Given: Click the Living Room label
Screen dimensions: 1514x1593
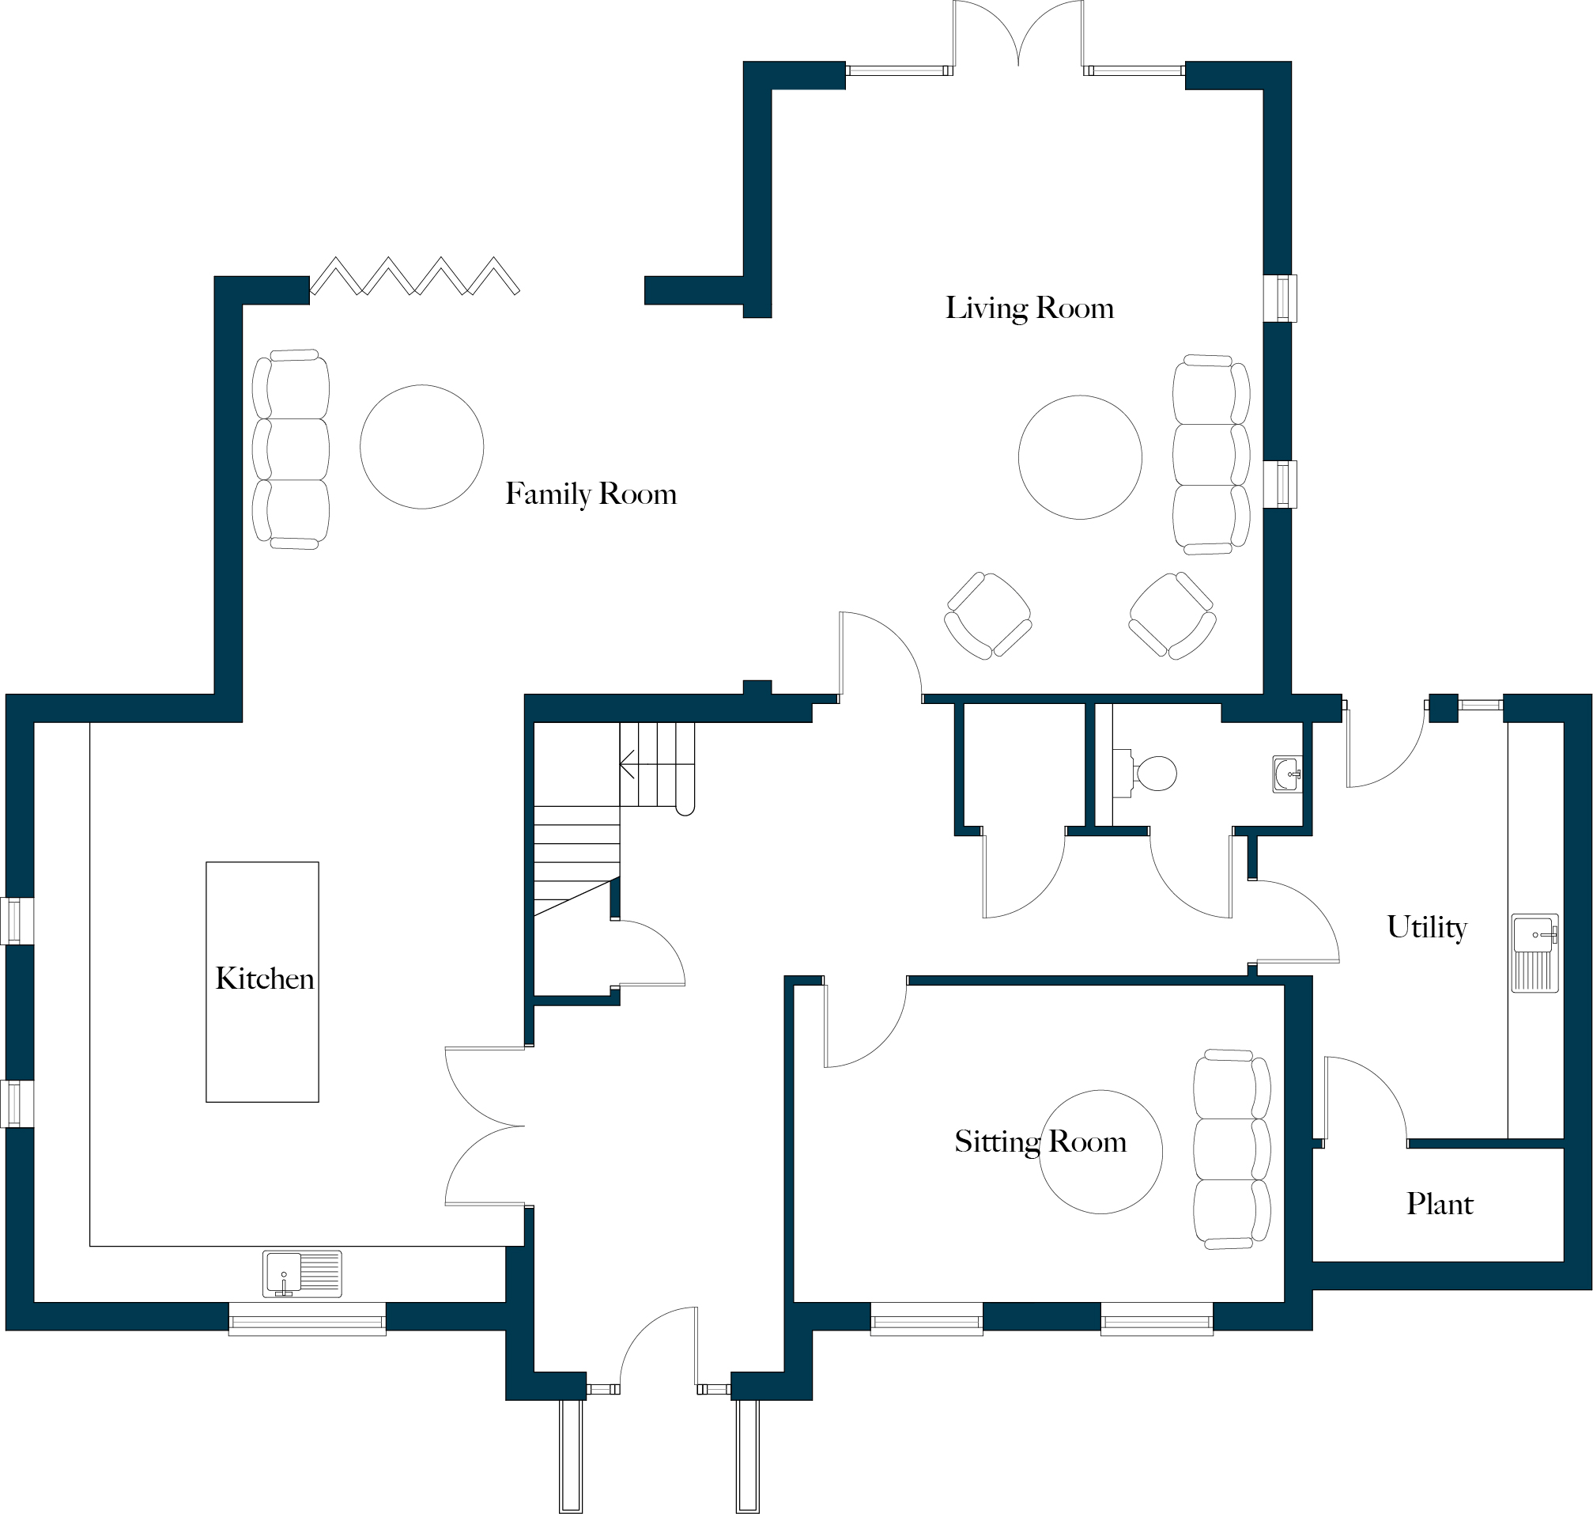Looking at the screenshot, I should (x=1029, y=309).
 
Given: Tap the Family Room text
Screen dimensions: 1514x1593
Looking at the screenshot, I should (x=591, y=494).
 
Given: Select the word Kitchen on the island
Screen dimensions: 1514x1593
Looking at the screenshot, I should (x=265, y=979).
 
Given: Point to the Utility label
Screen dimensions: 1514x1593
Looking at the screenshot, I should (x=1426, y=927).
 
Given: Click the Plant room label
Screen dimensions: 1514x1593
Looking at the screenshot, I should (x=1439, y=1204).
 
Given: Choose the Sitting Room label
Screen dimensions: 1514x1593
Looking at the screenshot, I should (x=1040, y=1142).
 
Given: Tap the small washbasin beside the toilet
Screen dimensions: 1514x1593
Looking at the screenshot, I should (x=1286, y=774).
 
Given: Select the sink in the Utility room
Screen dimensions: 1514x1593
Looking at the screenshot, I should (x=1534, y=952).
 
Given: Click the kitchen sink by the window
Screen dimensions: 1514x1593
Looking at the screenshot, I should (x=302, y=1274).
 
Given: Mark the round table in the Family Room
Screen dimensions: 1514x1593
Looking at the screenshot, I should (x=422, y=447).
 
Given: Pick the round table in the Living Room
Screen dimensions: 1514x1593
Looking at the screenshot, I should (x=1080, y=456).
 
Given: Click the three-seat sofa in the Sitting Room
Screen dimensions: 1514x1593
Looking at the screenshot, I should (x=1231, y=1149).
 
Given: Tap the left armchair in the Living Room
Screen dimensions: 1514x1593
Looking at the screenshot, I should (x=987, y=616).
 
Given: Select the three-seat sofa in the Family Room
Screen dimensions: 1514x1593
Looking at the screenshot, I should (x=291, y=449).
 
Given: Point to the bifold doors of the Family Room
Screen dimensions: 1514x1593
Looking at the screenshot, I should (x=414, y=276).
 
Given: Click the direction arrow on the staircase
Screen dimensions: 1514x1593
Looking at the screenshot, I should (x=629, y=763).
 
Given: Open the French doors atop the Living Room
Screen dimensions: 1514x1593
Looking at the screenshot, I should (x=1019, y=36).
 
